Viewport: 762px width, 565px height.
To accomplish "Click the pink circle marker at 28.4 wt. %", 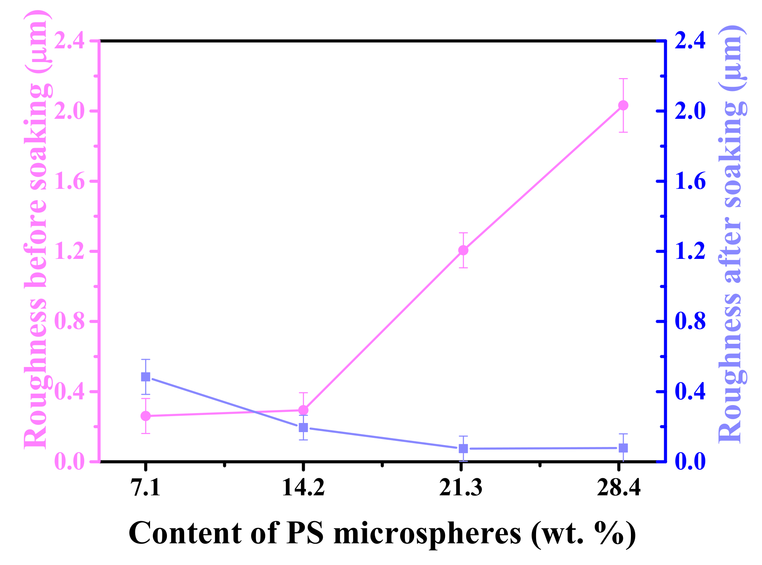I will click(x=623, y=105).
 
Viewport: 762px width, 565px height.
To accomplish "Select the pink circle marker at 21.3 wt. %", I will click(x=463, y=250).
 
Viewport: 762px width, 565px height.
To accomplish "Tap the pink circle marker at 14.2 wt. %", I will click(x=303, y=410).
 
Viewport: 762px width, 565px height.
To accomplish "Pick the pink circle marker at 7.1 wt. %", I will click(x=146, y=416).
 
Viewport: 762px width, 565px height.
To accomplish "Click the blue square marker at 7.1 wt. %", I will click(x=146, y=377).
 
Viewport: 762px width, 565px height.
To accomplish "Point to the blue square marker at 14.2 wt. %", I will click(x=303, y=428).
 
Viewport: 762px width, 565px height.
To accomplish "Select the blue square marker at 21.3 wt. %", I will click(x=463, y=448).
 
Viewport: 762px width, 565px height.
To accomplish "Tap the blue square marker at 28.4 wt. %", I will click(x=623, y=448).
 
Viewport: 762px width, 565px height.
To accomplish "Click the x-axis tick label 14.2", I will click(x=303, y=488).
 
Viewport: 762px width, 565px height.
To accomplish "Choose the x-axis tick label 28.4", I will click(x=619, y=488).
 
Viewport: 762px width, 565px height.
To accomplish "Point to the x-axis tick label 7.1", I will click(x=146, y=488).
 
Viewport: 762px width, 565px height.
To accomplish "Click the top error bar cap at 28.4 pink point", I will click(x=623, y=78).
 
